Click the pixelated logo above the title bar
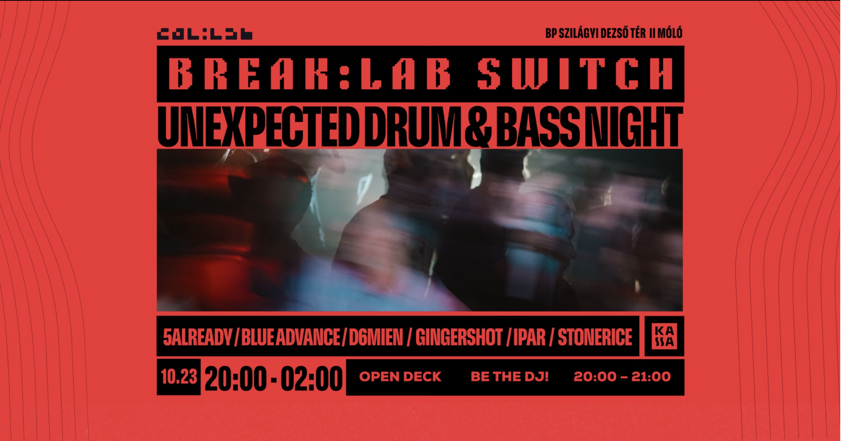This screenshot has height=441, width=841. coord(205,34)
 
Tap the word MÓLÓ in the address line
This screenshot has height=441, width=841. coord(670,33)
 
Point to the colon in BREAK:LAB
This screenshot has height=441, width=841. coord(344,73)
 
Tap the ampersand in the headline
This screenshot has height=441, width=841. coord(478,127)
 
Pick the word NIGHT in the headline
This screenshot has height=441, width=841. coord(634,127)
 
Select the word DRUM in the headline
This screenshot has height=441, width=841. coord(413,127)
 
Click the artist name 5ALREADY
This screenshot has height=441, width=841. coord(197,337)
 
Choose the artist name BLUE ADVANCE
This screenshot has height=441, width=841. coord(291,337)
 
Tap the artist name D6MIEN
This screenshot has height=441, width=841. coord(376,337)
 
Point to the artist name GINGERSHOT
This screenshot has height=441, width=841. coord(459,337)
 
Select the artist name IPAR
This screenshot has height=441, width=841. coord(529,337)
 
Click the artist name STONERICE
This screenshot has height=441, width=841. coord(595,337)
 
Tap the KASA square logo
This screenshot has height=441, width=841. coord(664,336)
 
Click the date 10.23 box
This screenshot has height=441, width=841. coord(179,377)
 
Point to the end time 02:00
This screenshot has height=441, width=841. coord(311,378)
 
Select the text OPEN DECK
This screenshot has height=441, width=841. coord(400,377)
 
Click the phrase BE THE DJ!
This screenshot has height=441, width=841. coord(509,377)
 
